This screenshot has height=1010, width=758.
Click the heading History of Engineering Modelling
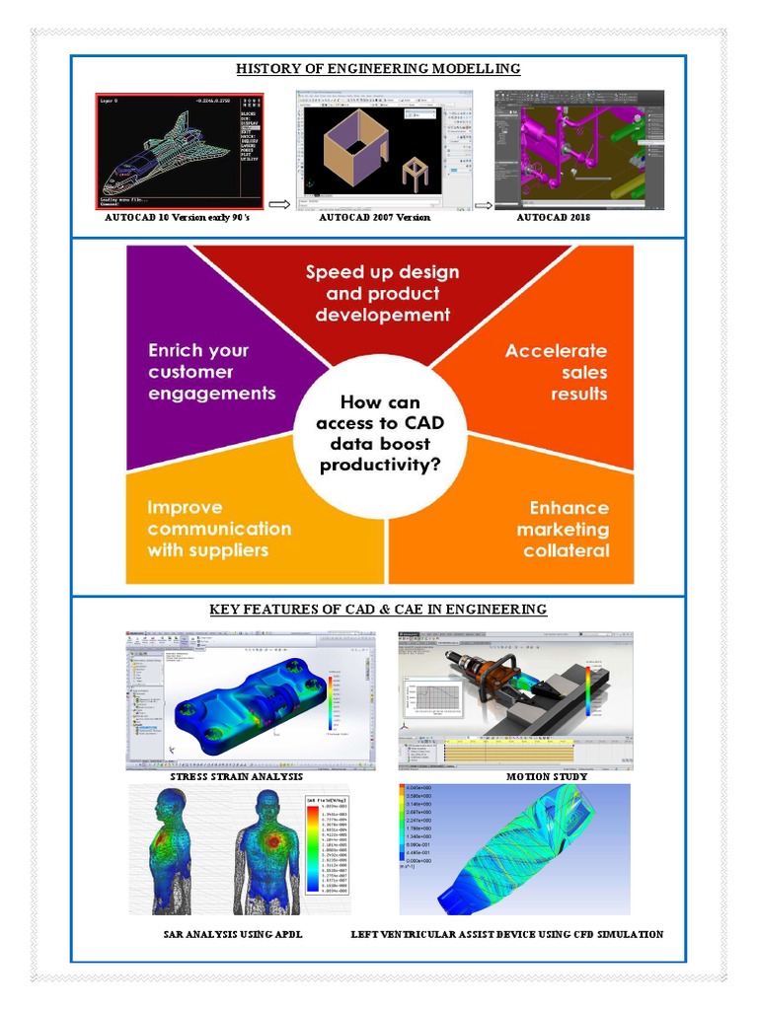(378, 69)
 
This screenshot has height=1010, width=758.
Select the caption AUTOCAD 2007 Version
(374, 217)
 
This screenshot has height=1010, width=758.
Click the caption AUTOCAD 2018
(554, 217)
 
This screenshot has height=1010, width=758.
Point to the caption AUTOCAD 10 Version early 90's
(178, 217)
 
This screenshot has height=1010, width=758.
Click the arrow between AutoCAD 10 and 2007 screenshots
(278, 205)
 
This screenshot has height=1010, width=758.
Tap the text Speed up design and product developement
(382, 293)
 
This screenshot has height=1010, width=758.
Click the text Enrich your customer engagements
(211, 372)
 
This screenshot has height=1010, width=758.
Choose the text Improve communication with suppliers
(219, 529)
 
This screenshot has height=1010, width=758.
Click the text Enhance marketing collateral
(565, 529)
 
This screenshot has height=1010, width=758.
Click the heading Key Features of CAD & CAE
(378, 610)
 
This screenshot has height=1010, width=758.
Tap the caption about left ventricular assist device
(507, 933)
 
